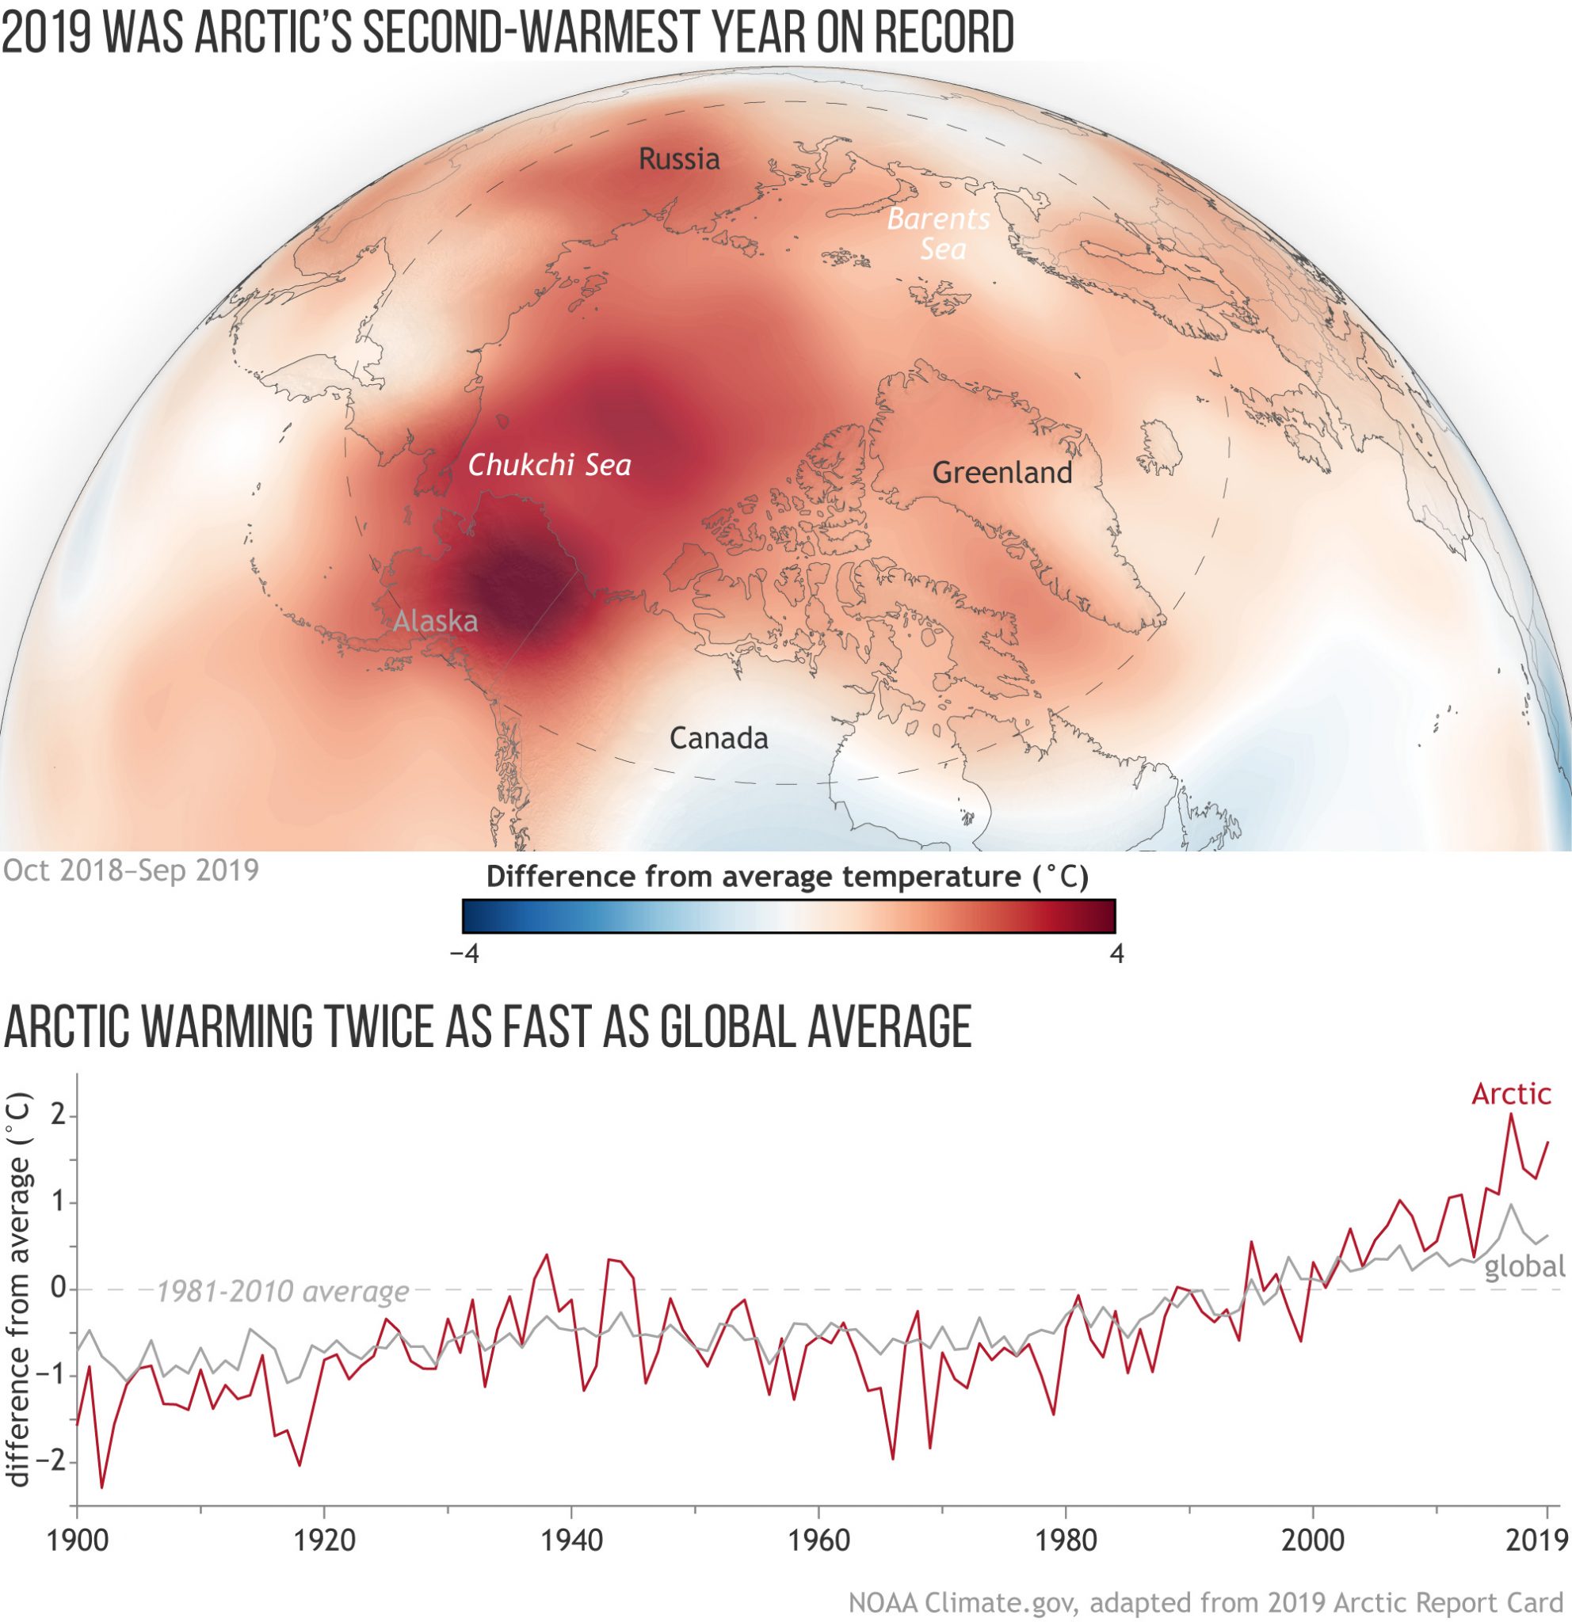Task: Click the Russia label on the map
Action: (x=679, y=158)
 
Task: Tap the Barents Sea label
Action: (x=939, y=234)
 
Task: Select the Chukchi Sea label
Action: (x=550, y=465)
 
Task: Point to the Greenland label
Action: (x=1002, y=473)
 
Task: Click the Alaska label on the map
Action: (x=436, y=621)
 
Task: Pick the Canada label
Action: (x=719, y=738)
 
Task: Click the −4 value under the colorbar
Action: (x=464, y=954)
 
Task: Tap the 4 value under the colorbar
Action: (x=1116, y=954)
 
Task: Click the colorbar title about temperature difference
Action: (x=788, y=877)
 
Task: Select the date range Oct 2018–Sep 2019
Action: (x=131, y=870)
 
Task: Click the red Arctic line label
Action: (x=1511, y=1094)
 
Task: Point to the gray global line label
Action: (x=1524, y=1267)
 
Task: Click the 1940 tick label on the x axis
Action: (x=572, y=1540)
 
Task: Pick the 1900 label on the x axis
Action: (x=77, y=1540)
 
